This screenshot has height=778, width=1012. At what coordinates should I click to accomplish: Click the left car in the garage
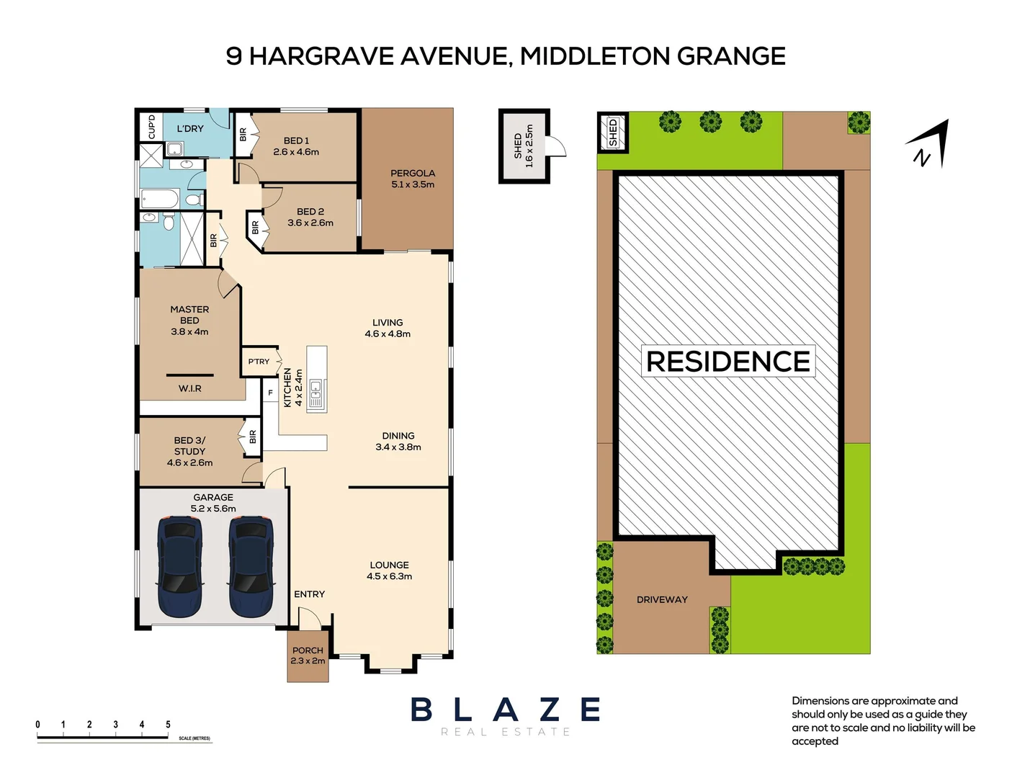(x=179, y=567)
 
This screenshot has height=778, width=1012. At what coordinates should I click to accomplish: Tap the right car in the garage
(x=251, y=567)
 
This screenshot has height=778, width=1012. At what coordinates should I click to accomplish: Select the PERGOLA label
(x=413, y=174)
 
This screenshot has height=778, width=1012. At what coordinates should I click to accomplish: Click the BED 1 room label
(x=296, y=141)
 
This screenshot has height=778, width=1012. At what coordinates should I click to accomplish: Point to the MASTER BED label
(x=189, y=315)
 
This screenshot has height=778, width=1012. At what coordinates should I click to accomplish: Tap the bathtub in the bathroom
(x=160, y=198)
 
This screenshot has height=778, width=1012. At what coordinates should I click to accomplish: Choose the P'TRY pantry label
(x=259, y=362)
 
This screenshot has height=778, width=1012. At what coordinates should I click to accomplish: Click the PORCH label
(x=308, y=650)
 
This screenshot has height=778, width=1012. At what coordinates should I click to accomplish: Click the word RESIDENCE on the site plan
(x=728, y=362)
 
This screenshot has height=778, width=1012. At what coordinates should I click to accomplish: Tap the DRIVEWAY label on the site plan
(x=662, y=599)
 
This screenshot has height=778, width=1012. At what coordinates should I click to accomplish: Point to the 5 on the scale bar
(x=168, y=725)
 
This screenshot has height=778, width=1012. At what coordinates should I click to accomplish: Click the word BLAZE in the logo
(x=506, y=710)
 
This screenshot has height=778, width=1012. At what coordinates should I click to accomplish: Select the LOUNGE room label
(x=390, y=565)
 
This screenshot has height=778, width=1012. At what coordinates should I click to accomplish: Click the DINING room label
(x=398, y=436)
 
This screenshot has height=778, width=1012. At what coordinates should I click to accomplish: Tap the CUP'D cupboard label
(x=151, y=127)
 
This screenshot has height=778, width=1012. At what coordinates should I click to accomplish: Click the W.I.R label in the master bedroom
(x=190, y=389)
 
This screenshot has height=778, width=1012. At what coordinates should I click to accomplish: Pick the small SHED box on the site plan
(x=613, y=133)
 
